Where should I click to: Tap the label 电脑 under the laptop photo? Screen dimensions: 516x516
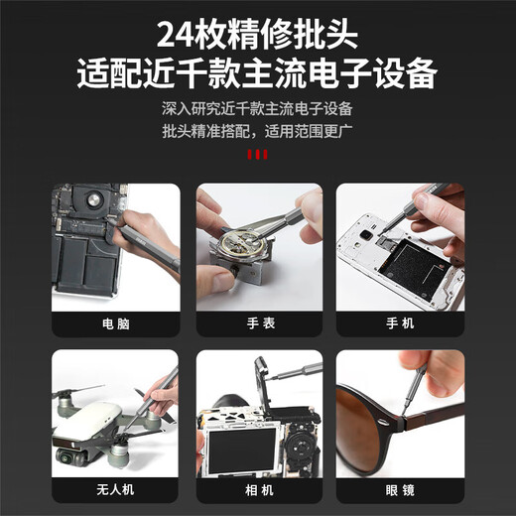[115, 323]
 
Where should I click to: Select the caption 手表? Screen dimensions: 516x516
[258, 323]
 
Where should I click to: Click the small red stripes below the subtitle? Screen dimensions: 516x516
[257, 155]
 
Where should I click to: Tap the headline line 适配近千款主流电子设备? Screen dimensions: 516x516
[257, 73]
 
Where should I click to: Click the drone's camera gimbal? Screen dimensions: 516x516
[69, 453]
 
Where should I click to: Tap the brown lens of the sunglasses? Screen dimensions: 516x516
[367, 417]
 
